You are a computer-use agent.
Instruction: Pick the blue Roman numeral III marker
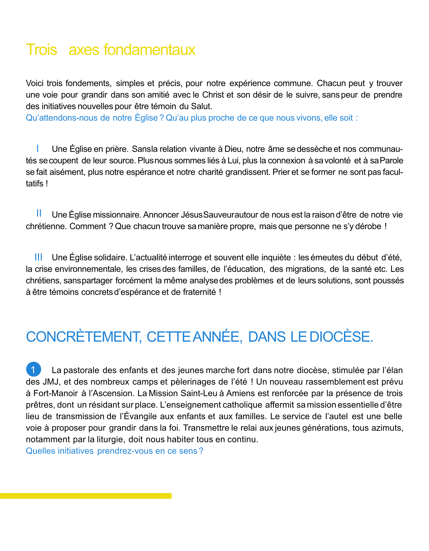(x=38, y=257)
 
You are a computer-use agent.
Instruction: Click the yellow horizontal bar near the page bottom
(x=86, y=496)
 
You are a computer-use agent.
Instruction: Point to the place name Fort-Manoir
(x=56, y=393)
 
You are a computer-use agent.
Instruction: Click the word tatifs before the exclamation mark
(x=35, y=184)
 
